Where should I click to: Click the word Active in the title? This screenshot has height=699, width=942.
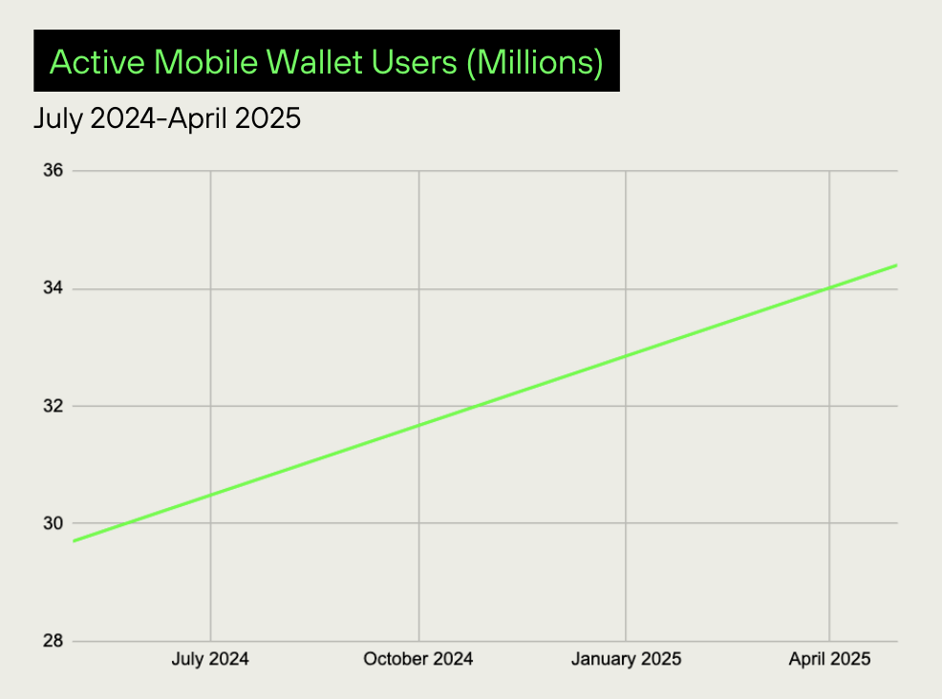click(x=96, y=62)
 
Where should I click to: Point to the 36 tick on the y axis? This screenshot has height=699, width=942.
click(x=53, y=171)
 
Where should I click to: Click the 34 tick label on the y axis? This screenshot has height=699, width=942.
click(x=53, y=288)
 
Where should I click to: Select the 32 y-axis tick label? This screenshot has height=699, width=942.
click(x=53, y=406)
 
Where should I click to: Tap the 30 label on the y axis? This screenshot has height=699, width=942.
click(x=53, y=523)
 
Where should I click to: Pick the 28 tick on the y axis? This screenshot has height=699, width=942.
click(x=53, y=641)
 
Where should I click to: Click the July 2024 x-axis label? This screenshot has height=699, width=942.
click(x=210, y=659)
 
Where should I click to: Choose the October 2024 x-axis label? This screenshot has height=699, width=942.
click(x=418, y=659)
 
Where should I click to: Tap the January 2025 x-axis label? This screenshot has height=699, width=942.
click(x=626, y=659)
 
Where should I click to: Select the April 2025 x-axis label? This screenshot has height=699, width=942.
click(x=828, y=659)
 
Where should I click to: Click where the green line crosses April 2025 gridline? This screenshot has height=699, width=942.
click(x=828, y=287)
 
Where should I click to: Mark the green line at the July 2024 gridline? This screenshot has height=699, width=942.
click(x=210, y=495)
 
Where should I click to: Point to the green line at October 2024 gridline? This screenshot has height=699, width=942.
click(x=418, y=425)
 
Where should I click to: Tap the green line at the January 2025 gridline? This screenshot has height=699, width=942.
click(x=626, y=356)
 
